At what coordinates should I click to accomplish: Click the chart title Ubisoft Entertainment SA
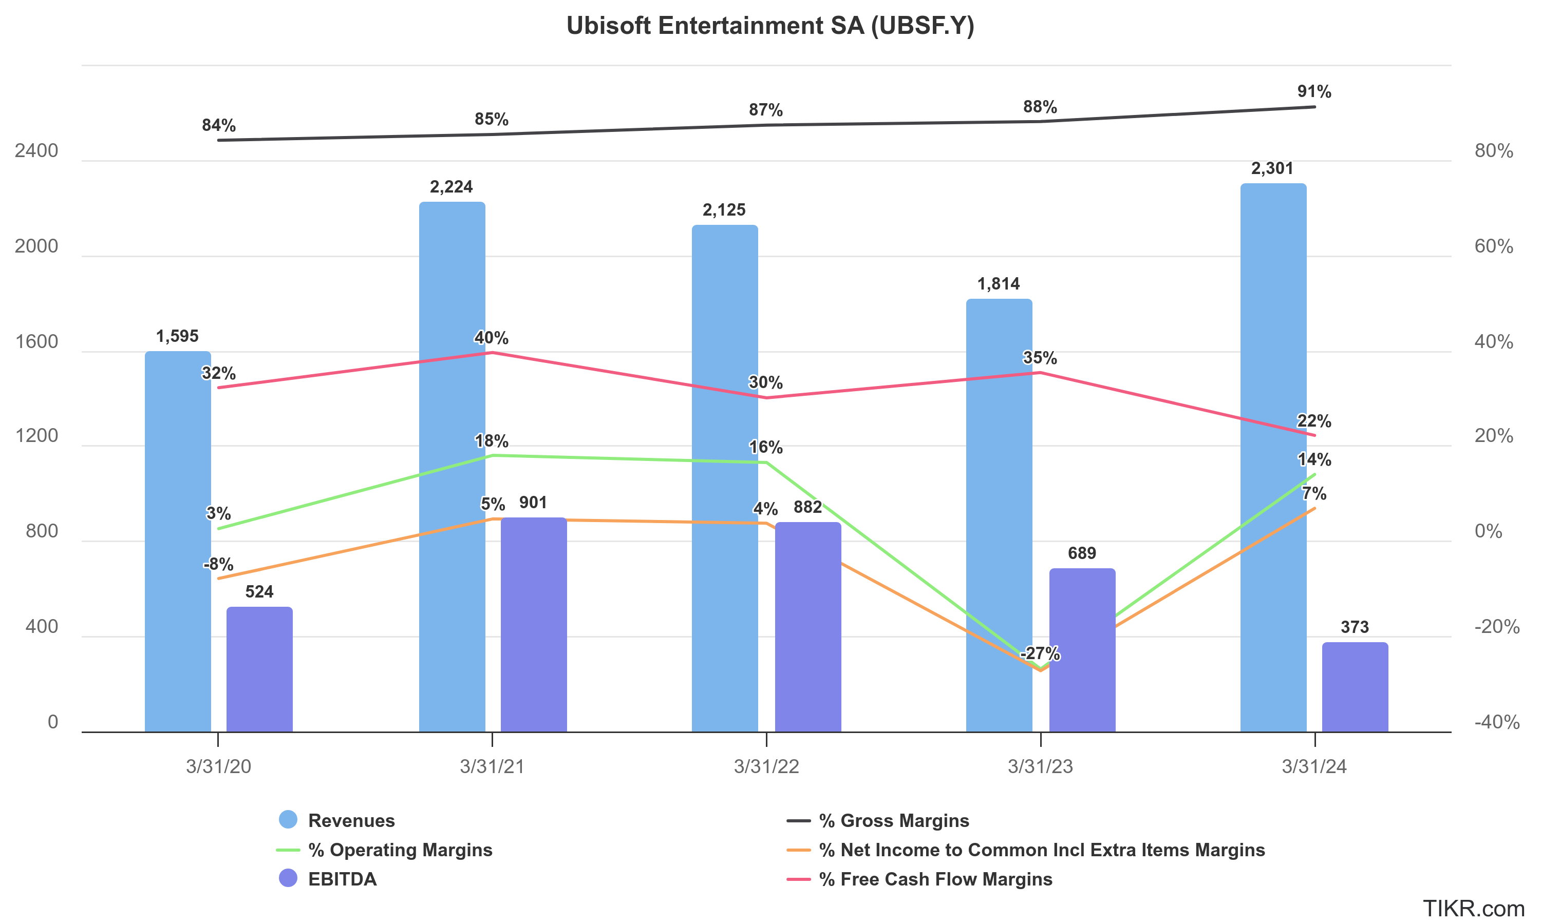tap(770, 26)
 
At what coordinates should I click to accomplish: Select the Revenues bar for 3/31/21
tap(452, 467)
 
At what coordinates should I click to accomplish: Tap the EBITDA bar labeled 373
tap(1355, 687)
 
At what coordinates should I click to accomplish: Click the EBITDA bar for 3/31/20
tap(259, 669)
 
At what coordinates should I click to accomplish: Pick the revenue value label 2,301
tap(1272, 169)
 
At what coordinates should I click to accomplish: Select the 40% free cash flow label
tap(491, 338)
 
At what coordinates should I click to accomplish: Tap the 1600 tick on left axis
tap(36, 342)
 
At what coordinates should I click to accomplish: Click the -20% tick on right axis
tap(1496, 626)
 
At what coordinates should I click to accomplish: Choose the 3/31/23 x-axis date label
tap(1040, 766)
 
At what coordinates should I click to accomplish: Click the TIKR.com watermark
tap(1473, 909)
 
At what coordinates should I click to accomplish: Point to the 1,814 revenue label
tap(998, 284)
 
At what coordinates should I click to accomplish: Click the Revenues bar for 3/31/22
tap(724, 479)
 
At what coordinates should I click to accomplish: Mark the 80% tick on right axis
tap(1493, 151)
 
